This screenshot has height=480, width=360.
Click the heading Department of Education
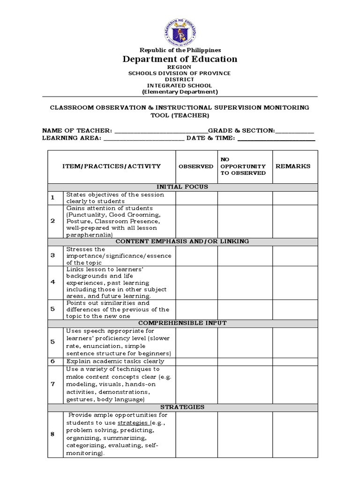(x=180, y=59)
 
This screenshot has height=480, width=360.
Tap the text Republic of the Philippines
(x=180, y=50)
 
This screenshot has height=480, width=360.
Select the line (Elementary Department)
(x=180, y=92)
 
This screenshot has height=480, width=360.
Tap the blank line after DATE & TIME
(x=276, y=139)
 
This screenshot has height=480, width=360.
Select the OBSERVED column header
(x=196, y=166)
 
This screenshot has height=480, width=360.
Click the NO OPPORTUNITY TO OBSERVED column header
(x=244, y=166)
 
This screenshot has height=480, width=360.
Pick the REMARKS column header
(x=295, y=166)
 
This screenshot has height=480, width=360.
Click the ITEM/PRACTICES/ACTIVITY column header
(x=112, y=166)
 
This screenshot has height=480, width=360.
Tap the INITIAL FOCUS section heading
(x=182, y=187)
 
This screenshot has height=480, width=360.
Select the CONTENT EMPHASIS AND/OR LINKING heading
(x=182, y=241)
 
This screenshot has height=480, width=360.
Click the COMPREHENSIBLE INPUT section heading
(x=182, y=323)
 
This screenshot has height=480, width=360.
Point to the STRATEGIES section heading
(x=182, y=407)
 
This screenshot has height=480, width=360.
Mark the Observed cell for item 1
(x=196, y=198)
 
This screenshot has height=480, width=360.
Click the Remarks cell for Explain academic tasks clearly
(x=295, y=361)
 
